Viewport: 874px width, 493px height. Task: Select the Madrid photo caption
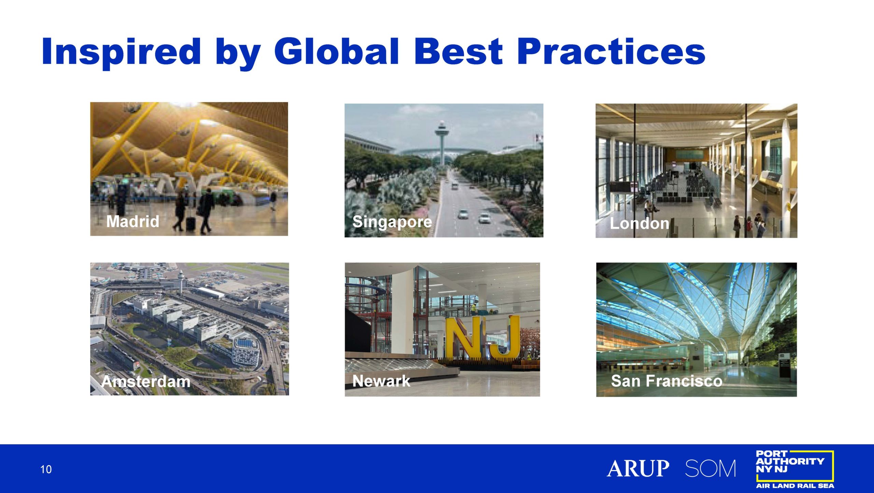pos(133,221)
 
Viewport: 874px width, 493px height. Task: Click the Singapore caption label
pos(392,222)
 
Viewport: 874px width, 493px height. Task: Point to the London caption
pos(639,224)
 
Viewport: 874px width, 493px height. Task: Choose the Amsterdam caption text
pos(146,381)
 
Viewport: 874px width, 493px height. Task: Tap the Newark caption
pos(381,381)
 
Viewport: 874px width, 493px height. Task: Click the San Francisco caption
pos(666,381)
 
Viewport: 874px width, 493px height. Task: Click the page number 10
pos(46,469)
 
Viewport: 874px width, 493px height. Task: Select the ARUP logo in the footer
pos(638,468)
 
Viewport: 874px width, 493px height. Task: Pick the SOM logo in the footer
pos(710,468)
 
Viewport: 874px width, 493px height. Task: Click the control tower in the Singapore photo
pos(442,143)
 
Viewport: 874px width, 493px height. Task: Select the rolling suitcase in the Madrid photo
pos(191,223)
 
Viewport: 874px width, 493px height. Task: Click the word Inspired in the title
pos(121,52)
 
